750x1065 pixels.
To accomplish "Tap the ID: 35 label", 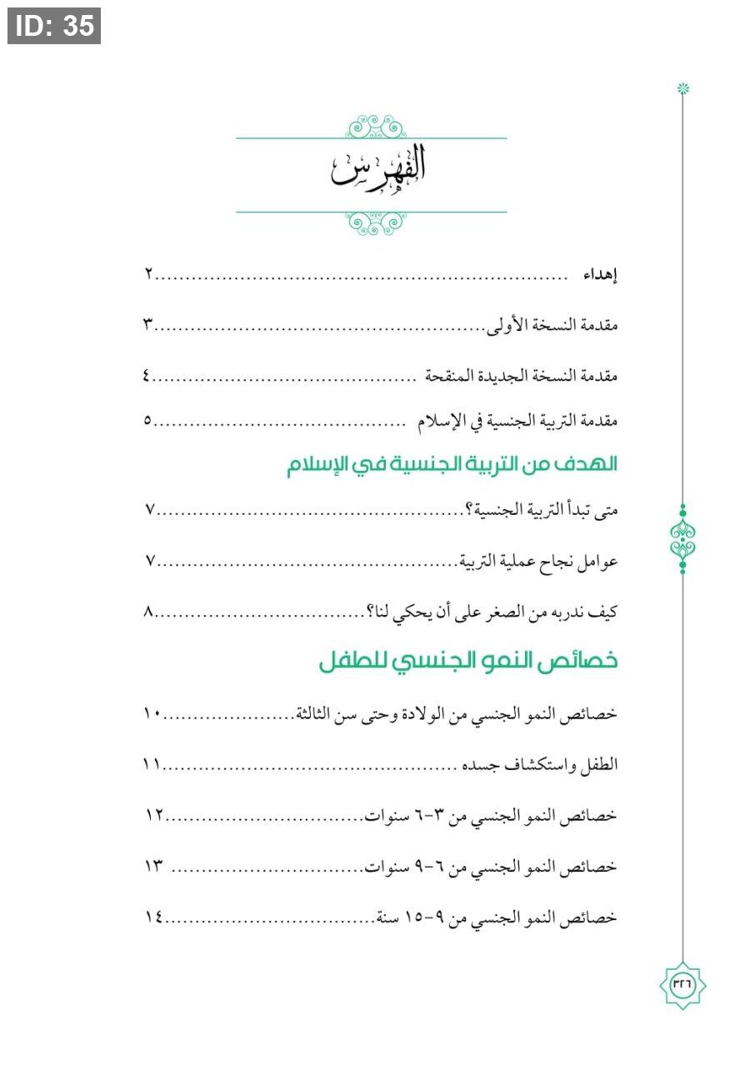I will tap(54, 26).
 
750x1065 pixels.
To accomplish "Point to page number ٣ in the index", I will tap(147, 325).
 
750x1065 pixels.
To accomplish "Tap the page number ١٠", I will tap(152, 715).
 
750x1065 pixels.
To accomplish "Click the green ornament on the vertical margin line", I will tap(682, 539).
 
